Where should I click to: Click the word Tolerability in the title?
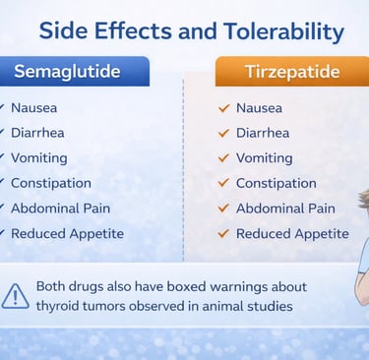pos(284,31)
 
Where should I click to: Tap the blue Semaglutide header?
pos(75,72)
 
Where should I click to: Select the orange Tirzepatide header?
pos(292,72)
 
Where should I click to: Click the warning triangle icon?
pos(15,296)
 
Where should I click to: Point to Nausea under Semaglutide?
pos(33,108)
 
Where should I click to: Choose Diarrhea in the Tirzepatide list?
pos(263,133)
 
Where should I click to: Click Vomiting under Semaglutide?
pos(39,158)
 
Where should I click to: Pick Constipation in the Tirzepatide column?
pos(277,183)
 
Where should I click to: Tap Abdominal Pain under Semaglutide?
pos(60,209)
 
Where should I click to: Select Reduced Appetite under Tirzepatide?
pos(292,234)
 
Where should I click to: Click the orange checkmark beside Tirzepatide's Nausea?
pos(223,108)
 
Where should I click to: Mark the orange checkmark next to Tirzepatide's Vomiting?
pos(223,158)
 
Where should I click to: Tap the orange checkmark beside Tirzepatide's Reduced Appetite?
pos(223,233)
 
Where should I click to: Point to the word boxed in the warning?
pos(187,286)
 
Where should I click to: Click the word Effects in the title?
pos(133,30)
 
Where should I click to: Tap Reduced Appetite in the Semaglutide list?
pos(67,234)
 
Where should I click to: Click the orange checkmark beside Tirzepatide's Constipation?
pos(223,183)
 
